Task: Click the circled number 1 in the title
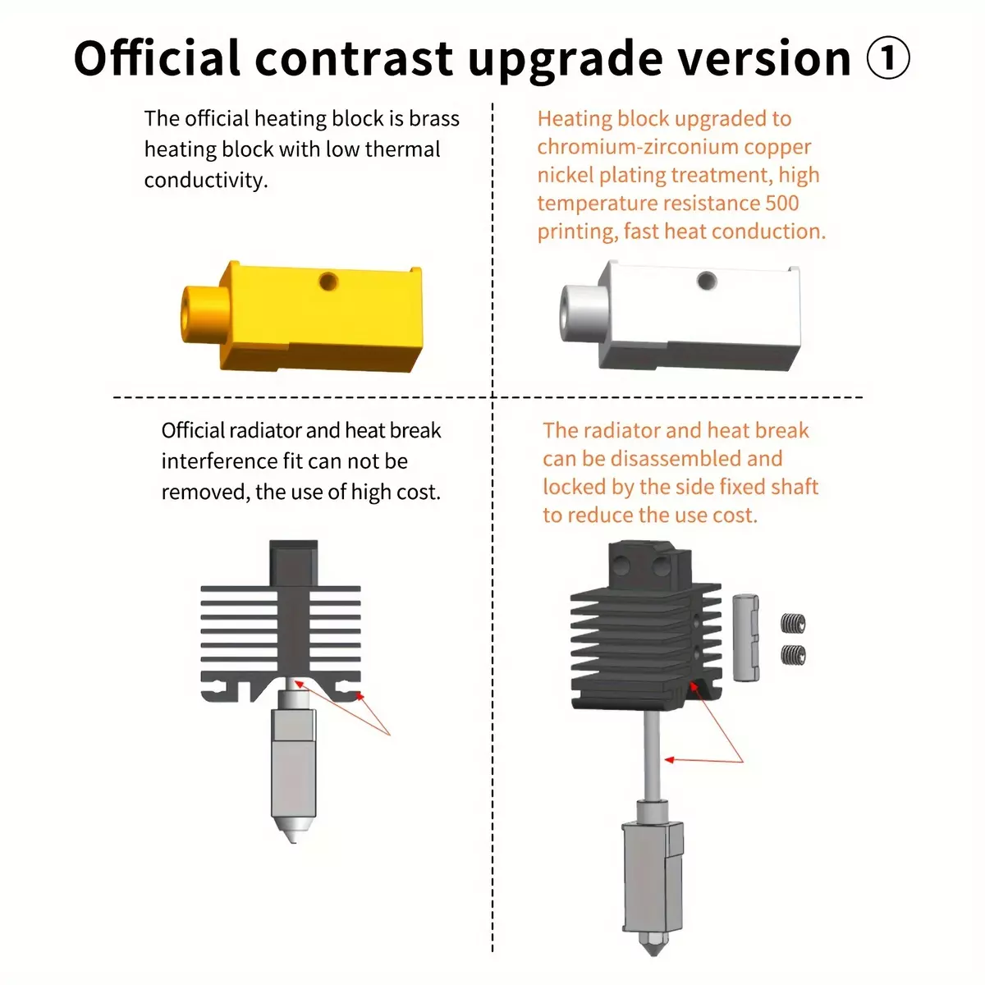click(888, 57)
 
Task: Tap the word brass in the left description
click(434, 118)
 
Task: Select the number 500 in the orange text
click(781, 203)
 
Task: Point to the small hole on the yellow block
click(328, 282)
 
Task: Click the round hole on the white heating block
click(707, 281)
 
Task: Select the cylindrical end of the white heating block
click(584, 314)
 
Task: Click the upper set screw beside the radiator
click(793, 622)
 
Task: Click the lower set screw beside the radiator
click(793, 654)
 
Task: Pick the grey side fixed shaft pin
click(745, 638)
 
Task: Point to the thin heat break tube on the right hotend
click(651, 755)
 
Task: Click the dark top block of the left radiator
click(293, 563)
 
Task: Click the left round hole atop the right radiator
click(621, 565)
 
